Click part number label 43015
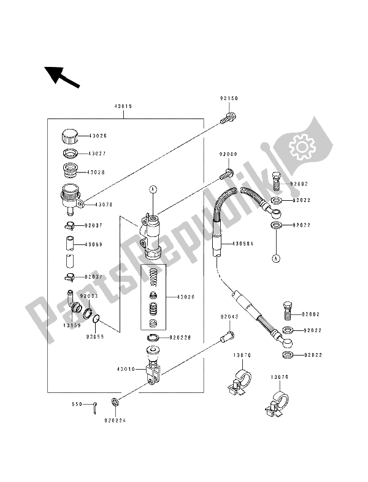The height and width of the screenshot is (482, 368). click(x=123, y=106)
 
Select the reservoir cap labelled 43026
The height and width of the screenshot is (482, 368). click(x=69, y=136)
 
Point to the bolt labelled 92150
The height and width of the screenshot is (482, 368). click(x=229, y=115)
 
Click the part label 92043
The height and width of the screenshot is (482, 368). click(x=229, y=317)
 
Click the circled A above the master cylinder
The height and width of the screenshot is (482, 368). click(x=153, y=189)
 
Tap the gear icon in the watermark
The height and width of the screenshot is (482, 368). click(x=301, y=148)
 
